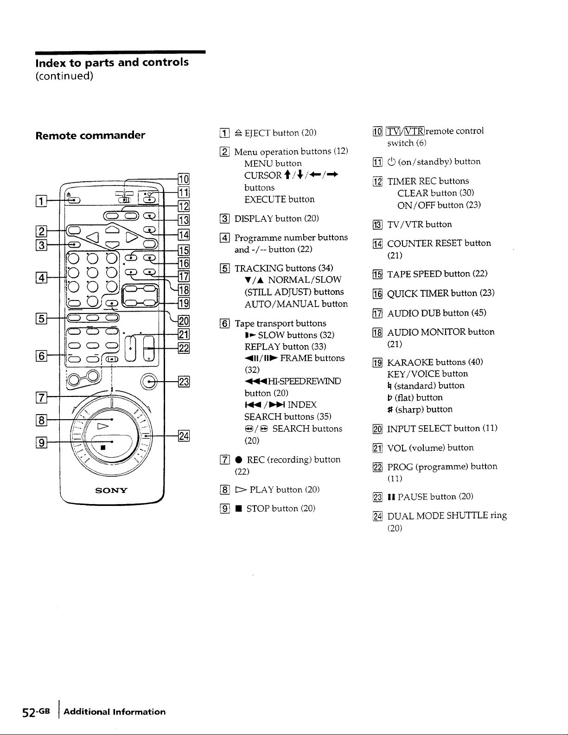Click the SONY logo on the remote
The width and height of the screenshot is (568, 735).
click(x=111, y=491)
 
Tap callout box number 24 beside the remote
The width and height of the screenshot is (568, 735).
click(x=184, y=435)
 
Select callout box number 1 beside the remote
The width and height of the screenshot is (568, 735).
click(x=41, y=201)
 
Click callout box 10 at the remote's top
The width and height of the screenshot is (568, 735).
click(x=184, y=179)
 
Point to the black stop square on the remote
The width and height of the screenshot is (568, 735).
click(x=103, y=447)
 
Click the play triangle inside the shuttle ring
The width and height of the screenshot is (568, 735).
click(x=103, y=426)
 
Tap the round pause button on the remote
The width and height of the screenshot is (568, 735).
click(x=149, y=382)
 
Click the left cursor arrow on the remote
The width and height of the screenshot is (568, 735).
click(x=93, y=237)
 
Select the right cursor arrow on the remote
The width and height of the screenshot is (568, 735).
click(x=132, y=237)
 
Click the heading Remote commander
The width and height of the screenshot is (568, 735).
click(x=90, y=135)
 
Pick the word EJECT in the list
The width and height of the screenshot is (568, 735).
click(x=257, y=133)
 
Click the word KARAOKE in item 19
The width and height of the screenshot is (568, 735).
click(x=410, y=362)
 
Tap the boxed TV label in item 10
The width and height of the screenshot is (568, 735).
click(x=393, y=131)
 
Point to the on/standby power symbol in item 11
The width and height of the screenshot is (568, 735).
click(x=391, y=162)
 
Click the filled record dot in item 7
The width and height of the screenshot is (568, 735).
click(x=239, y=460)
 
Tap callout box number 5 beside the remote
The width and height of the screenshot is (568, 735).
click(x=41, y=319)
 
